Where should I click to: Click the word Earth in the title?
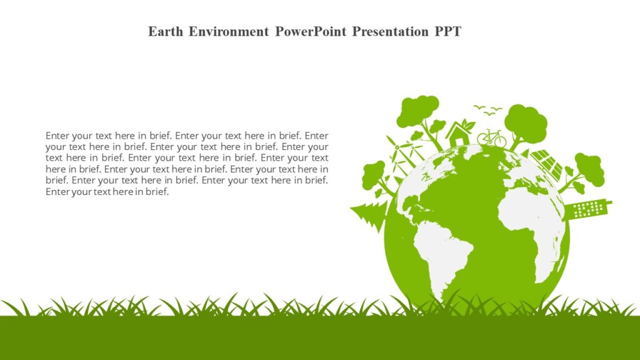(x=165, y=32)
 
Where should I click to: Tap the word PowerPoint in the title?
(x=311, y=32)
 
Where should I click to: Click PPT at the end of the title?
(x=448, y=32)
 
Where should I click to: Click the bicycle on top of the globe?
(x=491, y=138)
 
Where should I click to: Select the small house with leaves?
(x=459, y=133)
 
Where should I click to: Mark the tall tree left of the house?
(x=419, y=116)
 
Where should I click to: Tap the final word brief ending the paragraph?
(x=156, y=192)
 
